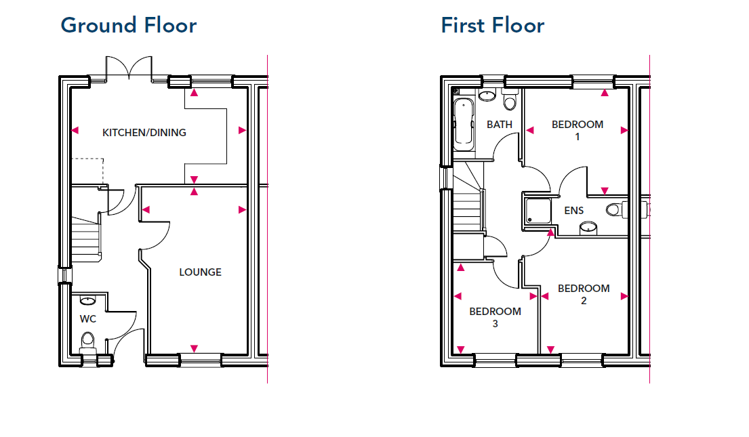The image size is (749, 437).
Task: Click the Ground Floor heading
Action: click(x=129, y=25)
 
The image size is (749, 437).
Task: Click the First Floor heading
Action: click(x=493, y=25)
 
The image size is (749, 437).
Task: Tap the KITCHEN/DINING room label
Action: click(x=144, y=133)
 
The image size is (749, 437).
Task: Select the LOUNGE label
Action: click(x=200, y=272)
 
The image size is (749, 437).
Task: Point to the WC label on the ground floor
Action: click(x=88, y=319)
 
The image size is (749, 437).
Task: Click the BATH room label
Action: click(x=499, y=125)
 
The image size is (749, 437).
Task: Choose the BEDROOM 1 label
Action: click(x=578, y=130)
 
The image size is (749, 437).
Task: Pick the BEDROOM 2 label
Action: click(x=584, y=294)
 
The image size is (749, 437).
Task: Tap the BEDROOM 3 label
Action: click(x=495, y=317)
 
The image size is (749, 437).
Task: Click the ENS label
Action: click(x=573, y=211)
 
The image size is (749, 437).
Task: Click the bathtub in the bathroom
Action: click(x=464, y=122)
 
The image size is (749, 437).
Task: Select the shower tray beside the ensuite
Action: click(x=538, y=211)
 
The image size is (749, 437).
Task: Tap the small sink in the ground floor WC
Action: click(x=87, y=300)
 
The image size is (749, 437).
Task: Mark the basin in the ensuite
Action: click(x=588, y=228)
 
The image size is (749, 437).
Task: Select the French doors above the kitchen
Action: click(x=129, y=68)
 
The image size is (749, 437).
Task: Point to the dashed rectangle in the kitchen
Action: click(x=87, y=171)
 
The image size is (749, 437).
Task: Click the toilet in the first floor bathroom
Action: click(x=510, y=100)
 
